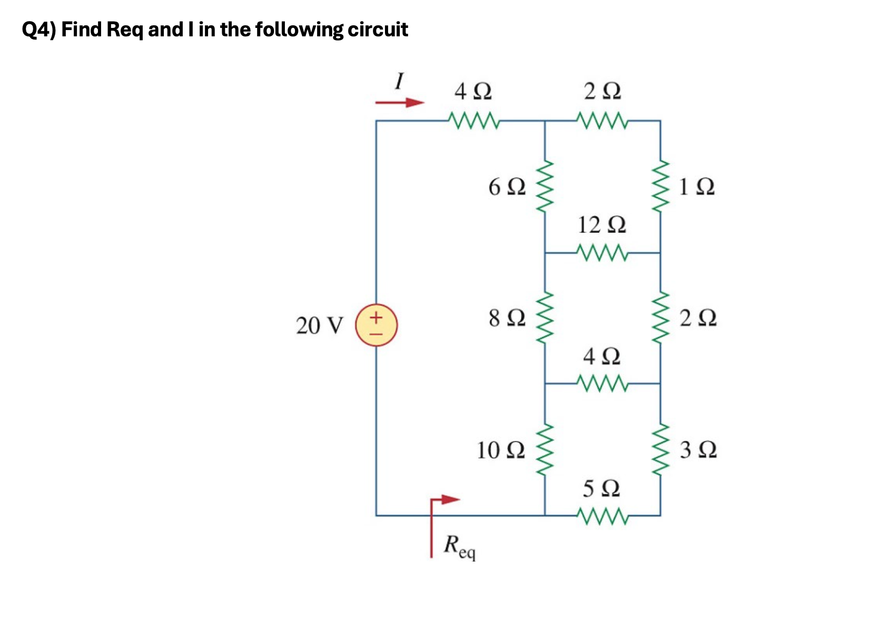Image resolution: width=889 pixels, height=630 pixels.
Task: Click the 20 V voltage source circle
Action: [x=376, y=325]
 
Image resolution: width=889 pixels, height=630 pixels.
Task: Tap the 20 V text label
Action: [x=319, y=326]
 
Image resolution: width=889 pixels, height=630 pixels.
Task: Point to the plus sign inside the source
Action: [x=376, y=318]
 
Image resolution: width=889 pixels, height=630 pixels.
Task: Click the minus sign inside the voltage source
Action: [x=376, y=333]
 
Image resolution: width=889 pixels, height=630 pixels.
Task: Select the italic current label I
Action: [x=399, y=82]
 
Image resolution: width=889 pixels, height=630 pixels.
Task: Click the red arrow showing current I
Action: [x=400, y=103]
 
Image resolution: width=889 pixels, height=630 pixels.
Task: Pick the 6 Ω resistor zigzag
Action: [x=545, y=186]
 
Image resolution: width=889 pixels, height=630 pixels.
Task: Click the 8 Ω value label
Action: [x=507, y=318]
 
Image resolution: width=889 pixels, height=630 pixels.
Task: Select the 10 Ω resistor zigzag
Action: [x=545, y=449]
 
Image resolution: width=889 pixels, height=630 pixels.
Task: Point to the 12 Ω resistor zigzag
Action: [x=602, y=252]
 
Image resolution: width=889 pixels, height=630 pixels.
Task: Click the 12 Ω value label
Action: [x=601, y=225]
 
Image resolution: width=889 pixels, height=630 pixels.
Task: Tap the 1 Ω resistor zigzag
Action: [x=660, y=186]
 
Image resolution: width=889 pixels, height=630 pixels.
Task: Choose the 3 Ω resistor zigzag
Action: [x=660, y=449]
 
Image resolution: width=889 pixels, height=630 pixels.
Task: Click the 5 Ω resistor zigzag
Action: [x=602, y=516]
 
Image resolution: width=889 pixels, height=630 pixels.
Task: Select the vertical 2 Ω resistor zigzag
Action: [x=660, y=318]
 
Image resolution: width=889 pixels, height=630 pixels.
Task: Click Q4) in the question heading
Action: [x=39, y=30]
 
